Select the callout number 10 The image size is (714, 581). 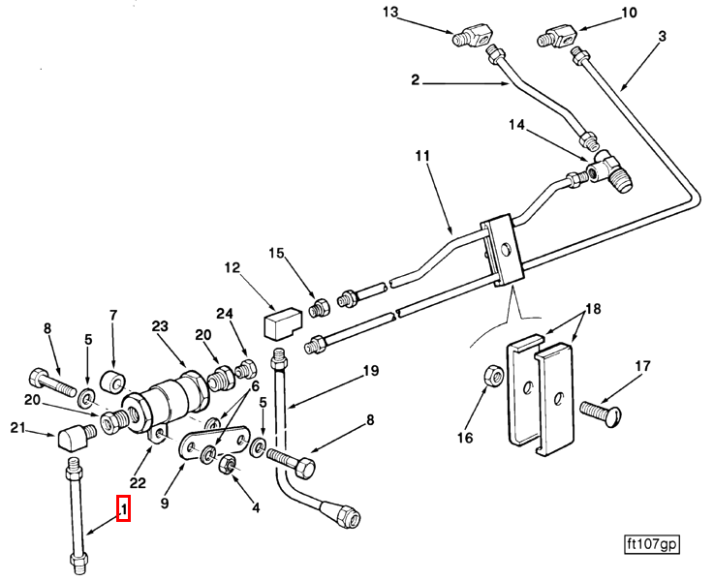pyautogui.click(x=629, y=13)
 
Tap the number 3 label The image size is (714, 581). pyautogui.click(x=662, y=37)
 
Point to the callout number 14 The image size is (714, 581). pyautogui.click(x=515, y=125)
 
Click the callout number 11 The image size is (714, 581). pyautogui.click(x=421, y=156)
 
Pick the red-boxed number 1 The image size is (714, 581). pyautogui.click(x=123, y=507)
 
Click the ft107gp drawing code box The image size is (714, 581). pyautogui.click(x=651, y=545)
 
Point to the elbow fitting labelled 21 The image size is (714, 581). pyautogui.click(x=72, y=441)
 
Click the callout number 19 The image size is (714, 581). pyautogui.click(x=369, y=371)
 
